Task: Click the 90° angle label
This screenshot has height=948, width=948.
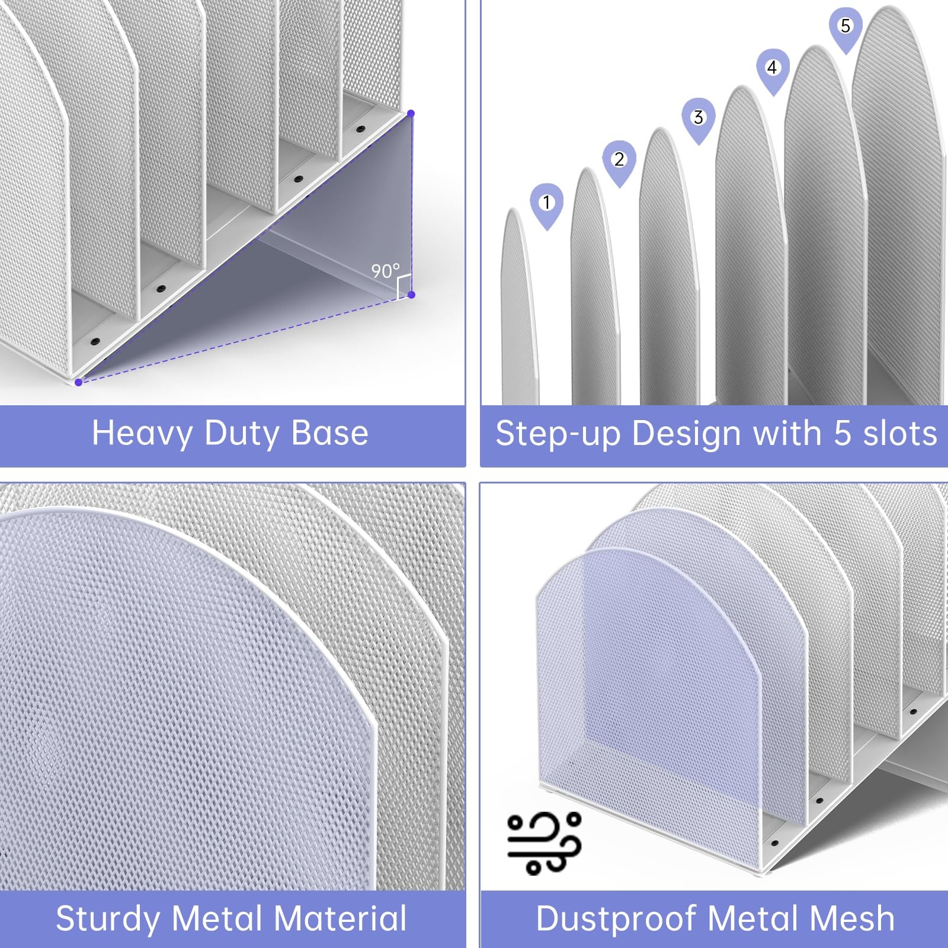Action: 385,271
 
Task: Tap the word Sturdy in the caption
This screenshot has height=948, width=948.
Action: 108,919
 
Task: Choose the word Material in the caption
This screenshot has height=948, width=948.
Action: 340,918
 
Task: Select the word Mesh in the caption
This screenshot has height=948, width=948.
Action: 852,918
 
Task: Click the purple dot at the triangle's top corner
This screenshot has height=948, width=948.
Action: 411,113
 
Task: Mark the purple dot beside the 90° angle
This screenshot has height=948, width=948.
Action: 411,294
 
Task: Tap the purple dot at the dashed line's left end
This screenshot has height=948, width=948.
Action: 78,382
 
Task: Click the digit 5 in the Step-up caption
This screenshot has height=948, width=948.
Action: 843,433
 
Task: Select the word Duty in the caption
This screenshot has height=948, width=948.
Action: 242,434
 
